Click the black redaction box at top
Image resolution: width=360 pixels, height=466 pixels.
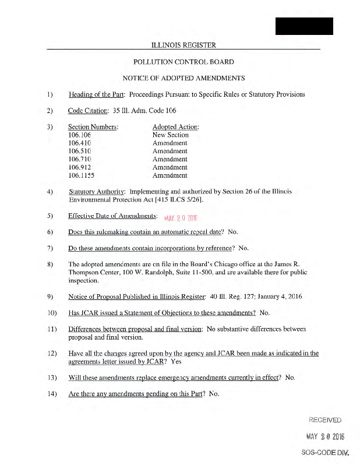point(304,26)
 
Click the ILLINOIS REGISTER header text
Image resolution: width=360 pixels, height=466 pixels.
point(183,45)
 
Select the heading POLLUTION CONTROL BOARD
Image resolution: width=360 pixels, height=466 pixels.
point(183,62)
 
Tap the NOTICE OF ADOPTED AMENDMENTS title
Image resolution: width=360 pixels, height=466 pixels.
point(183,78)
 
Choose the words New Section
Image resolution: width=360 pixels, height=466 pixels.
point(170,135)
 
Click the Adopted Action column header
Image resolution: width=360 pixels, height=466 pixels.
point(175,126)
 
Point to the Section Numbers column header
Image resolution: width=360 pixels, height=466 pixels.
point(93,126)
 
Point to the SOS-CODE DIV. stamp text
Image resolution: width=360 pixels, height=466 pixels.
point(325,452)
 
